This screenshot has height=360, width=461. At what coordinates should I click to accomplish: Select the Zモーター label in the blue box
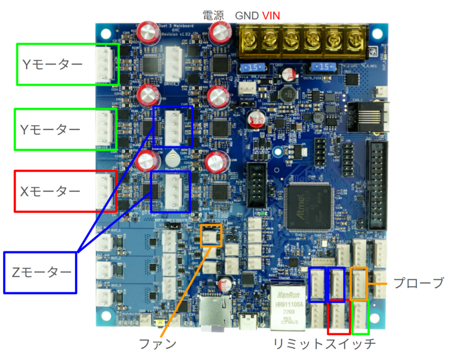tap(41, 272)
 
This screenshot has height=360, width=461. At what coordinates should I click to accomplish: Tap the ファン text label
tap(157, 344)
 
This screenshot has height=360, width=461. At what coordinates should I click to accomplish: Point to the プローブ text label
tap(419, 283)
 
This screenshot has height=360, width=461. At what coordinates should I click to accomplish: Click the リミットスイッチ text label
tap(325, 344)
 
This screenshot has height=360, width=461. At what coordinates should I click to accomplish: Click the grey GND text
tap(247, 16)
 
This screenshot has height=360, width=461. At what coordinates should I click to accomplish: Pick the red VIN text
tap(271, 16)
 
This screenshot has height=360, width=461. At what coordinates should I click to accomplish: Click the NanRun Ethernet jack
tap(287, 306)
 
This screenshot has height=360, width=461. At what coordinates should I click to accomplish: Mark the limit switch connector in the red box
tap(339, 315)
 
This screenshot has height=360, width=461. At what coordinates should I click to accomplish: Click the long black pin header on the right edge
tap(378, 185)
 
